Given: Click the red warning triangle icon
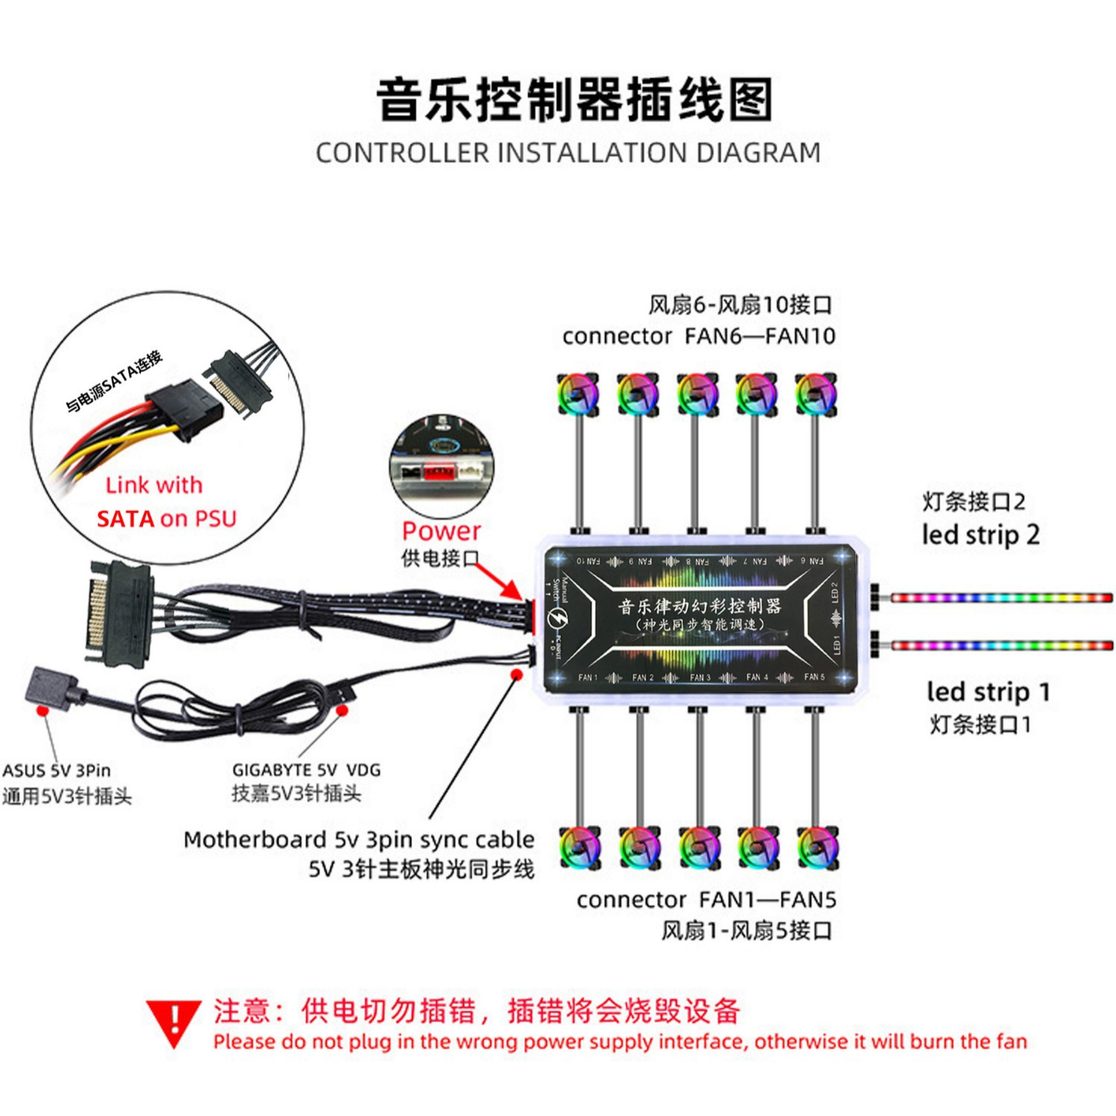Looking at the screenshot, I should [x=173, y=1021].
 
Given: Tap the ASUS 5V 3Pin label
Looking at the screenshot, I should [x=57, y=770].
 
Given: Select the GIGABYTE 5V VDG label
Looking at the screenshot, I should [x=306, y=770].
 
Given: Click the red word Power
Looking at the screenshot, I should [x=441, y=530].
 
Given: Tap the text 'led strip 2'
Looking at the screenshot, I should [x=980, y=535].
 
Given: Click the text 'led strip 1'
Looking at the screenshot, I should [x=988, y=691].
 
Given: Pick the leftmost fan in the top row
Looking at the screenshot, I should [x=578, y=394].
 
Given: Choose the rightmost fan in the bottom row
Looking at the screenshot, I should [x=817, y=848].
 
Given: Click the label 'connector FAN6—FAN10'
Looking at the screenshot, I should [x=698, y=336].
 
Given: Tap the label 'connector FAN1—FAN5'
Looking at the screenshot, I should [x=706, y=899].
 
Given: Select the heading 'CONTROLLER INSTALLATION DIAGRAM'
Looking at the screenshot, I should [x=568, y=153].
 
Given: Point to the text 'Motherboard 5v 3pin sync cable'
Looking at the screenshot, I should [x=358, y=840].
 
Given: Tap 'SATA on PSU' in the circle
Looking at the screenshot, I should [x=166, y=519].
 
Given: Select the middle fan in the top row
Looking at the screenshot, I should [x=697, y=394].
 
